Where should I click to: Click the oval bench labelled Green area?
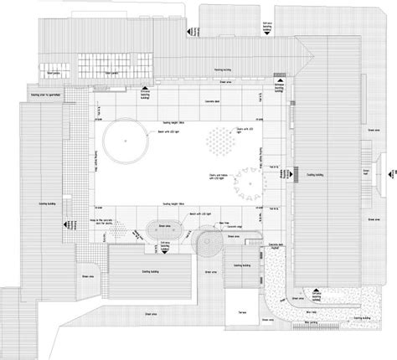[163, 229]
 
